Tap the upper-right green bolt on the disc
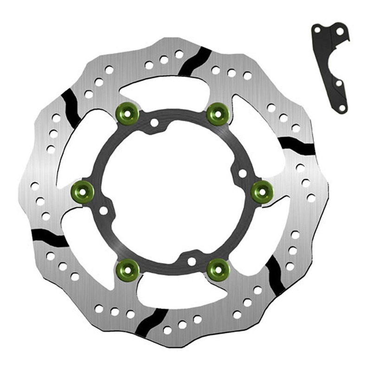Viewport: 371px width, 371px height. pos(217,114)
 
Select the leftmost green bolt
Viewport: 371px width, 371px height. pos(83,190)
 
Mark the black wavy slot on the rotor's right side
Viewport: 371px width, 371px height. pos(297,145)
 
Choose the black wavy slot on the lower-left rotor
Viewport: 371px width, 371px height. pos(50,237)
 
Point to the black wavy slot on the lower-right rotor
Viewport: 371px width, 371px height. pos(275,275)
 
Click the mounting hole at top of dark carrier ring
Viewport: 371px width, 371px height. pos(154,123)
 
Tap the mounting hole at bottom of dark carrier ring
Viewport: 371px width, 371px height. pos(192,262)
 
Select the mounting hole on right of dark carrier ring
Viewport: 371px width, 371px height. pos(243,174)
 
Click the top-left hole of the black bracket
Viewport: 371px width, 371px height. pos(317,31)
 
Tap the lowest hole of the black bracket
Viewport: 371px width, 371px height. pos(342,108)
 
